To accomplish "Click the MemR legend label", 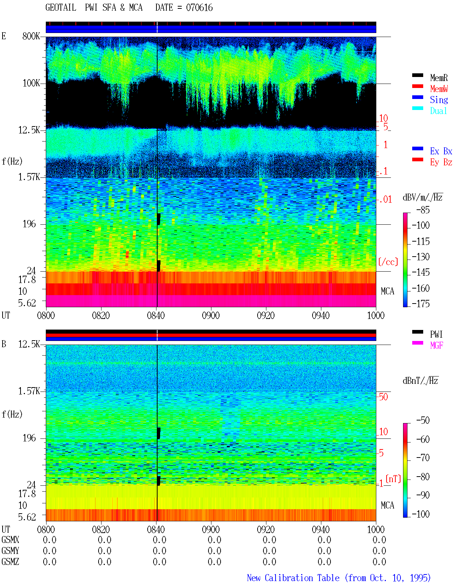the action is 439,78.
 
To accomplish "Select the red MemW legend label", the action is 439,89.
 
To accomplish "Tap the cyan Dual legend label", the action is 438,111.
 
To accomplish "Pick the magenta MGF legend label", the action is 436,345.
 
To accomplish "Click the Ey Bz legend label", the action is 441,162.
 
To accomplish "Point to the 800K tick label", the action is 31,36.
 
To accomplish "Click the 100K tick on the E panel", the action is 31,83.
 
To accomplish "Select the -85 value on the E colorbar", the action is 423,210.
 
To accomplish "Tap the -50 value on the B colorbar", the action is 423,420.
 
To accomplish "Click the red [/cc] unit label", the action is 388,262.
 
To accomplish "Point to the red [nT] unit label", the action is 393,479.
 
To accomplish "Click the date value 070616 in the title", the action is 199,8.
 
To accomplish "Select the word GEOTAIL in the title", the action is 61,7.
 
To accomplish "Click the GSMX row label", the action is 10,540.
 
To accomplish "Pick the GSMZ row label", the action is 10,562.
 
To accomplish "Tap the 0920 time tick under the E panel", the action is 266,315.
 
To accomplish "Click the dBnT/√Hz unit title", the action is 420,381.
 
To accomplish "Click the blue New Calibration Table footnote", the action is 339,578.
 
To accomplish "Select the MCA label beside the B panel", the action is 387,505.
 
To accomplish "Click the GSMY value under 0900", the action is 214,551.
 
